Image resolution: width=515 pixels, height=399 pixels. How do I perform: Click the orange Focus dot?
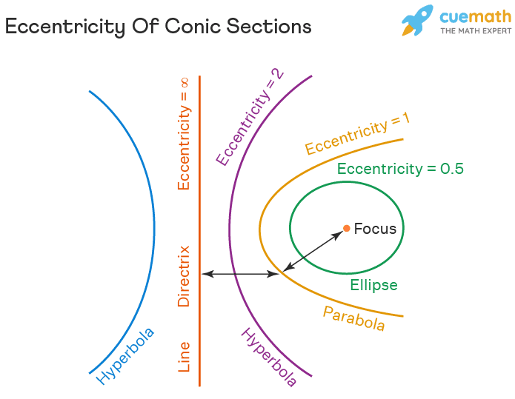[346, 229]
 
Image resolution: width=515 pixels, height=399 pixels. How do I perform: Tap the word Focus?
[375, 229]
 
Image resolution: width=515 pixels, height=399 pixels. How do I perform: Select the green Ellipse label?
[373, 285]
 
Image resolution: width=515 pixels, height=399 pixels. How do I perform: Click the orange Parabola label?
[353, 318]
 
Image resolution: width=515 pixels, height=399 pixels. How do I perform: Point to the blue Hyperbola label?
[124, 356]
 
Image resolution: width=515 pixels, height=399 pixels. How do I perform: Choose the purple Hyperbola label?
[269, 357]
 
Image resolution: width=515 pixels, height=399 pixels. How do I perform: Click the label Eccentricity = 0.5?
[400, 169]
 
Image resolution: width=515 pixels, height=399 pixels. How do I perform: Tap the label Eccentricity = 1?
[358, 133]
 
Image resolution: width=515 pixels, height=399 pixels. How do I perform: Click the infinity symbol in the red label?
[185, 83]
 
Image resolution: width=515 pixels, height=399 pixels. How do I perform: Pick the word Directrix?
[184, 276]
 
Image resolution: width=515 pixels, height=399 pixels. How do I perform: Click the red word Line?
[184, 357]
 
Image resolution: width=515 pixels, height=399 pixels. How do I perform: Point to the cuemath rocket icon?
[417, 20]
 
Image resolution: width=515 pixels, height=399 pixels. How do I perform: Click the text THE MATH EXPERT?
[476, 31]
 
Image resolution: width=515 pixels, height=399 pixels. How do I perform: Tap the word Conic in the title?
[193, 26]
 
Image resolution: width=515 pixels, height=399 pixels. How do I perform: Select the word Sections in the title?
[269, 26]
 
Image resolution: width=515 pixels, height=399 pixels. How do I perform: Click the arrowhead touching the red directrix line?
[207, 274]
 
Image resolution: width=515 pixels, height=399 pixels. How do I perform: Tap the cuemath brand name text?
[476, 16]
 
